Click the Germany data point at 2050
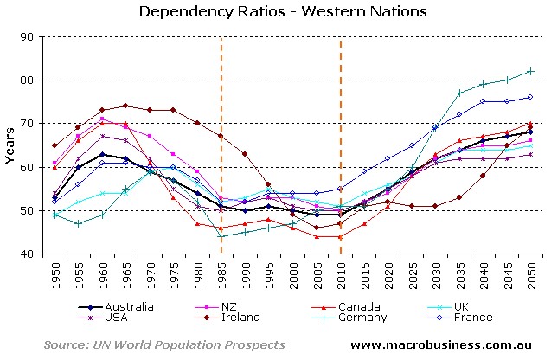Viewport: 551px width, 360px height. click(530, 71)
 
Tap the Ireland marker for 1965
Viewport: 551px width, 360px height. click(125, 106)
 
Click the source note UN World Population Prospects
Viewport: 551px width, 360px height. click(164, 344)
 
